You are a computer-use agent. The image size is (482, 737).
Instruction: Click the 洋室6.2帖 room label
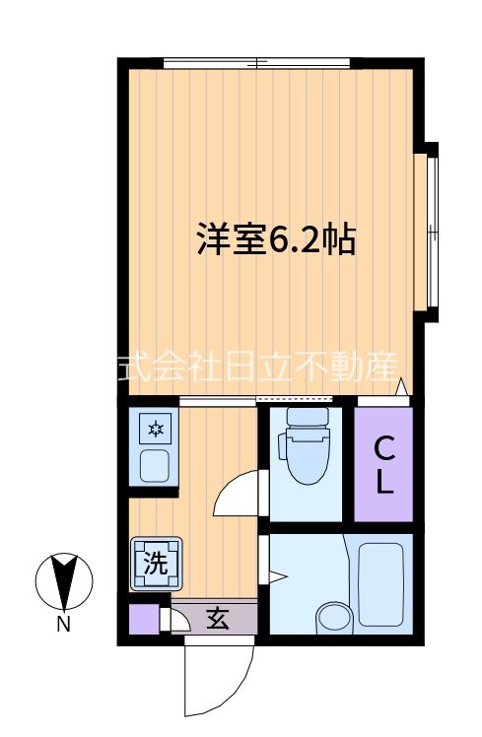click(x=275, y=239)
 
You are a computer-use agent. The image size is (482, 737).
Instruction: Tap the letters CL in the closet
click(x=384, y=467)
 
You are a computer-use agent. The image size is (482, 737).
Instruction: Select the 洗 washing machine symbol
click(x=156, y=564)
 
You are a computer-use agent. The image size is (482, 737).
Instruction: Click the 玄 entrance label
click(x=217, y=620)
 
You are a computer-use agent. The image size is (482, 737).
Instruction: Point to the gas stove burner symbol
click(x=156, y=429)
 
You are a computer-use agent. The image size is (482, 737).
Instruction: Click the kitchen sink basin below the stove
click(x=155, y=464)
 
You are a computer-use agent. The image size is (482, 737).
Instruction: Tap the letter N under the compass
click(x=63, y=624)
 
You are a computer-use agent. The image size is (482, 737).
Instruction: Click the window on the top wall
click(x=256, y=63)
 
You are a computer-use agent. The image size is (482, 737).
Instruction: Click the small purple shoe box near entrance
click(x=143, y=620)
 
